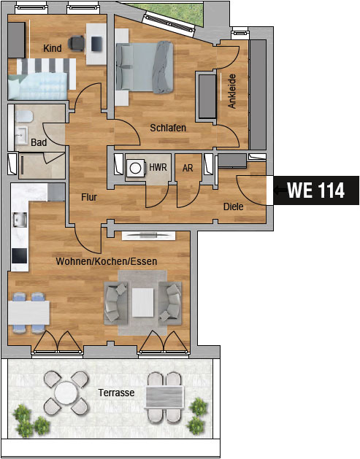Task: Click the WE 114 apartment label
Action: [x=315, y=190]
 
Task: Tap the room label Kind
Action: [x=53, y=48]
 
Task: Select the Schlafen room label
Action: [x=168, y=128]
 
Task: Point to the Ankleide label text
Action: [x=232, y=91]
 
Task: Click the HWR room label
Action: [x=158, y=167]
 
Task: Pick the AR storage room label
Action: [x=188, y=168]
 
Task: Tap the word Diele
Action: [x=233, y=207]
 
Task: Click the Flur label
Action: [x=89, y=197]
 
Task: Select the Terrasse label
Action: [x=116, y=393]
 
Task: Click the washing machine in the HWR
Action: [x=135, y=168]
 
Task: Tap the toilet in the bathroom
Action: [x=23, y=117]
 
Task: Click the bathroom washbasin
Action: [x=21, y=135]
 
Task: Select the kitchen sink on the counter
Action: [x=20, y=220]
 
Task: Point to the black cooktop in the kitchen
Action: [x=20, y=255]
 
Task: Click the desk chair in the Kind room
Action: [x=75, y=43]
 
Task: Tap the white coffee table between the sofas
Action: [x=142, y=302]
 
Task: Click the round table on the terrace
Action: [x=66, y=393]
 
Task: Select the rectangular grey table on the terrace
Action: [x=164, y=397]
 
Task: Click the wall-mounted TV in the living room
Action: [x=148, y=236]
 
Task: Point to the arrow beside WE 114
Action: [x=280, y=190]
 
